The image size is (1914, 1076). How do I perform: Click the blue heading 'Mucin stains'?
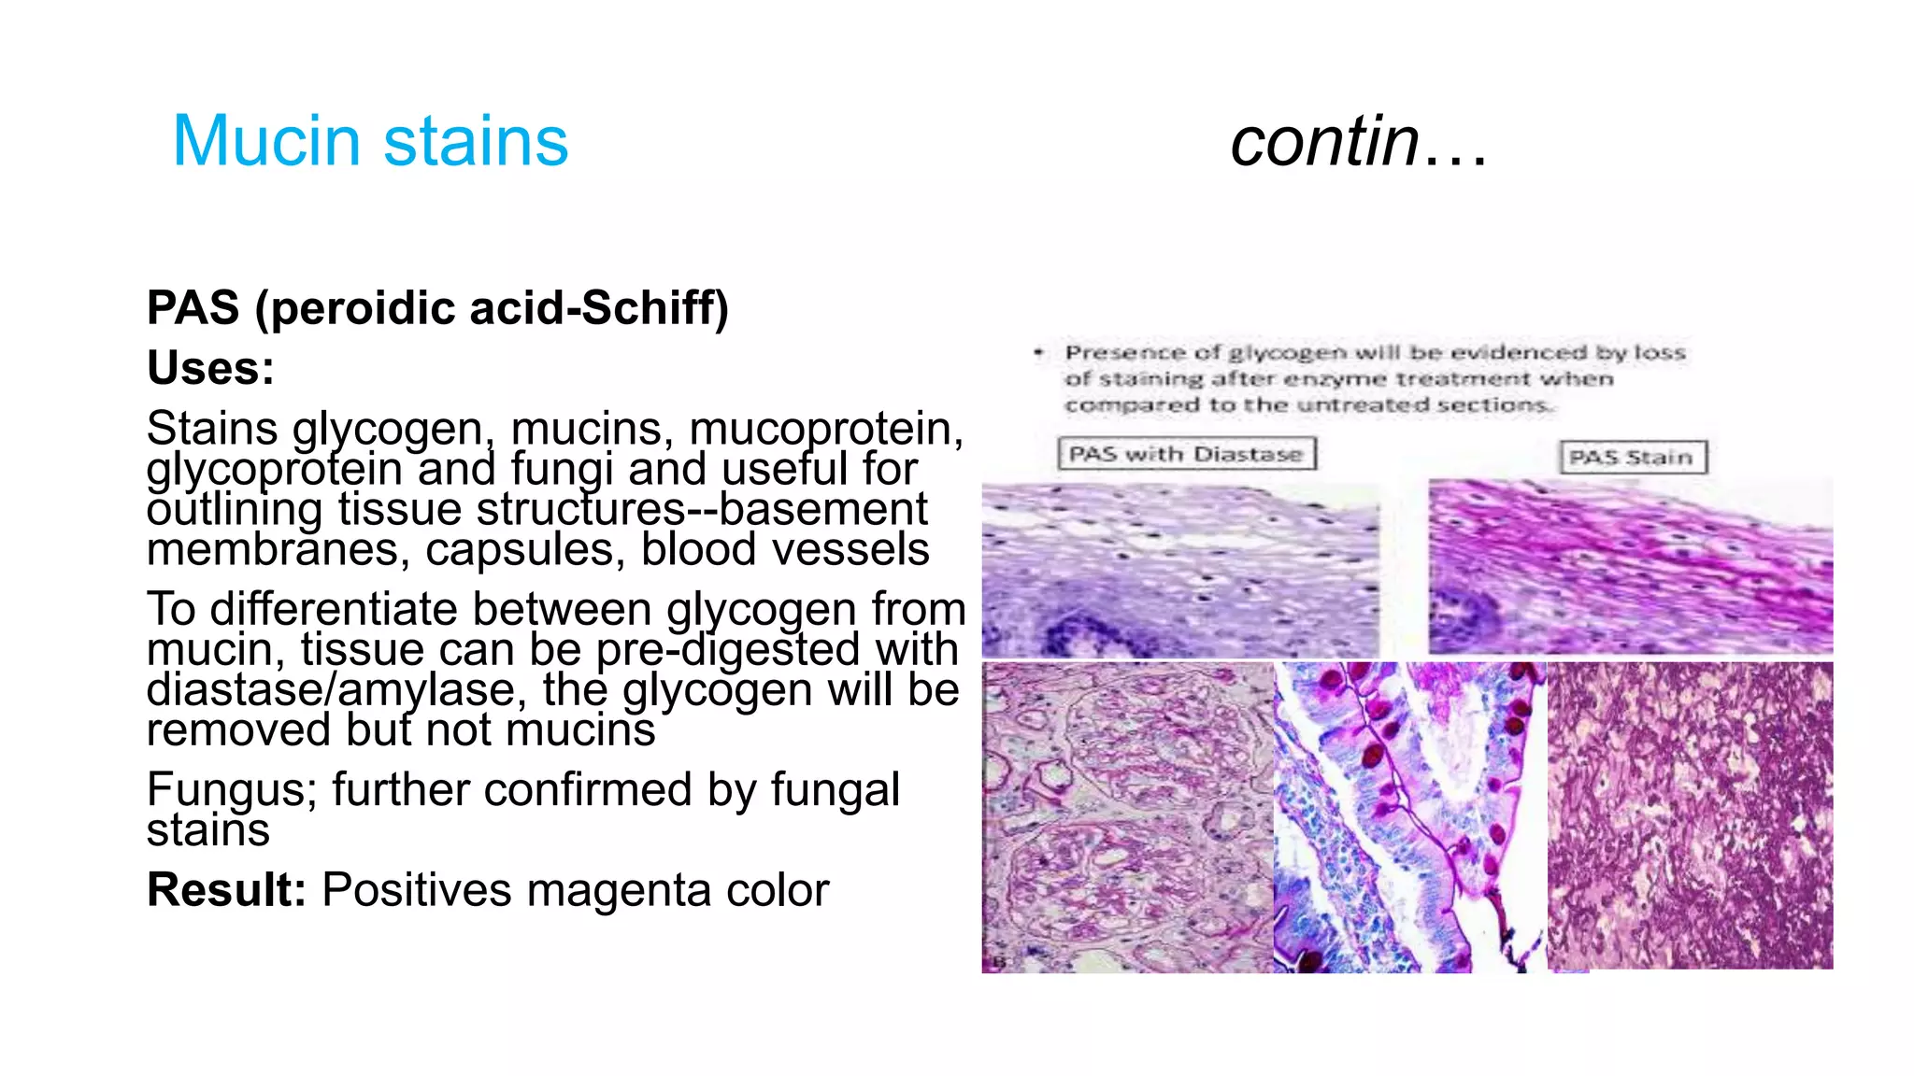[370, 141]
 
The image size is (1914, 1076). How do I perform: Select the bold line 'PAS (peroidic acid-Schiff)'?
[437, 307]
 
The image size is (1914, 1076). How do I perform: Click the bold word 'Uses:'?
[210, 367]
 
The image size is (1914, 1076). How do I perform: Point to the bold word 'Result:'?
[226, 889]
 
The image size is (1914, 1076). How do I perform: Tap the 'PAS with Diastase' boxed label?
[1186, 454]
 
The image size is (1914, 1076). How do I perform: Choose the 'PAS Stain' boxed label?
[1632, 458]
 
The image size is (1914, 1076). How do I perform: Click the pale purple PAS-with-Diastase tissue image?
[1179, 570]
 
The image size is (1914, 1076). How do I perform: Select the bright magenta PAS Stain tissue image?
[1630, 566]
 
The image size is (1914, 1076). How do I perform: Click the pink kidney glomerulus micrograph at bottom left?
[1126, 817]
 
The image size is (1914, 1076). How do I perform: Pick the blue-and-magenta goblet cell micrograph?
[1409, 817]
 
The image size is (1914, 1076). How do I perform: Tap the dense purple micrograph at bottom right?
[1690, 814]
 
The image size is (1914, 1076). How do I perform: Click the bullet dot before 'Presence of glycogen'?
[1038, 353]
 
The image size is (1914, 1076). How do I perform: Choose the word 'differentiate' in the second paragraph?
[430, 609]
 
